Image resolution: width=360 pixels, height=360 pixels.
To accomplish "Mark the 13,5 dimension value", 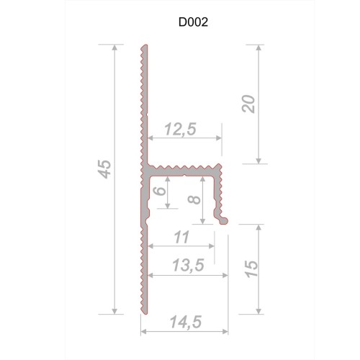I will [184, 265].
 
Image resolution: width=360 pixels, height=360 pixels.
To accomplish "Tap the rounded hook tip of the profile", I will [225, 218].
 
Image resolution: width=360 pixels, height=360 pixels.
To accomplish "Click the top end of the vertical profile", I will [143, 47].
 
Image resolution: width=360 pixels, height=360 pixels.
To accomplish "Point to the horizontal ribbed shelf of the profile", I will [184, 169].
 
